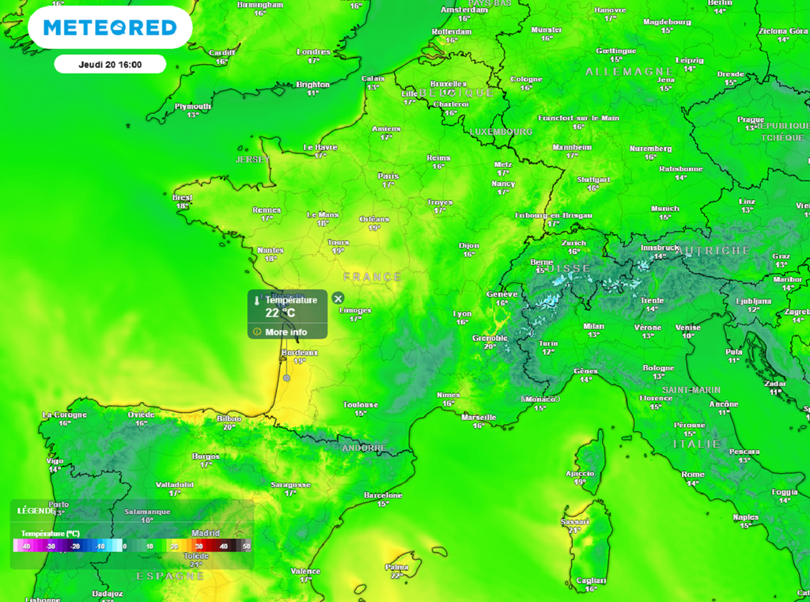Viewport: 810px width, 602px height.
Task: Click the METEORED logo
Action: [x=110, y=28]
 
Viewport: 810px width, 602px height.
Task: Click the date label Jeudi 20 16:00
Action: [x=110, y=64]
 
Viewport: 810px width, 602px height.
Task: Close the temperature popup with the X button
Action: [x=338, y=298]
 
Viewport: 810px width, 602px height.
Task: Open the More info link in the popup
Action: [x=286, y=332]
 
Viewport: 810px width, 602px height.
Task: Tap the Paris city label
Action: [x=388, y=176]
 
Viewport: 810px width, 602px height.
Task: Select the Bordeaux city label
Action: [x=300, y=353]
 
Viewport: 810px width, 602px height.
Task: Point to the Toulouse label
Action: [x=360, y=404]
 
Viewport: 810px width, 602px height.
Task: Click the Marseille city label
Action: [x=479, y=417]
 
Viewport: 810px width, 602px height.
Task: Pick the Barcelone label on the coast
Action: [x=383, y=495]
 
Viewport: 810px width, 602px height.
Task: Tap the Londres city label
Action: [x=313, y=51]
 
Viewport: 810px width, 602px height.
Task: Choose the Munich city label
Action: [x=665, y=209]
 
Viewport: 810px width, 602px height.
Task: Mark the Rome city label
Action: [x=692, y=475]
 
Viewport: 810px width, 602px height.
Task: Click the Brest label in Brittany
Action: [x=183, y=197]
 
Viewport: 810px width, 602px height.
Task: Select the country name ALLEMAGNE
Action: [x=630, y=72]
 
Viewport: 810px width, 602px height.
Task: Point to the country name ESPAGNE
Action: [x=170, y=575]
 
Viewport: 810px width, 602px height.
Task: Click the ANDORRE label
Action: [x=364, y=448]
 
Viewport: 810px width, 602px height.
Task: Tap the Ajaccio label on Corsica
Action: [x=580, y=473]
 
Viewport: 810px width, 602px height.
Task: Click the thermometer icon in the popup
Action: [x=257, y=301]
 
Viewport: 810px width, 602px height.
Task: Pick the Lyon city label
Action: [x=462, y=314]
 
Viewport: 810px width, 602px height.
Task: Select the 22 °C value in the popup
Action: [x=280, y=312]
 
